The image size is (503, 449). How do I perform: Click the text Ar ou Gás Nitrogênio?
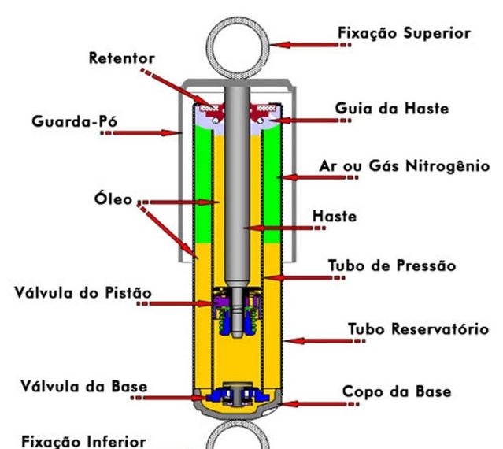click(x=405, y=166)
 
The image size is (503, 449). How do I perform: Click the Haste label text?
click(x=356, y=216)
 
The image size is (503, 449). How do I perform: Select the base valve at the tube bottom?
click(x=238, y=395)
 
